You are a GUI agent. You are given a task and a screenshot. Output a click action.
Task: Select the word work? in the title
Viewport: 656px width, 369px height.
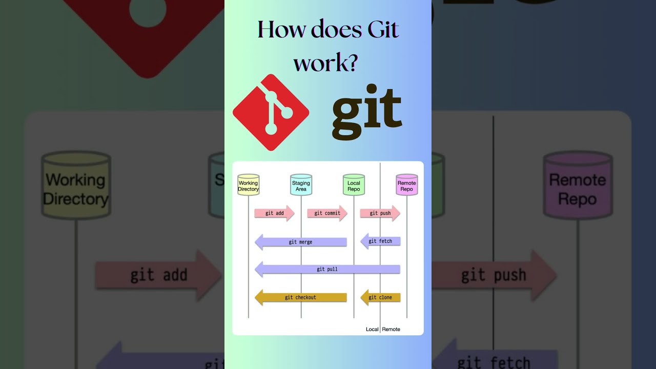pos(325,63)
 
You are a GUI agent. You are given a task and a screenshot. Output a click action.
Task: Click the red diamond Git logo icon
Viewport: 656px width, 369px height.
pos(271,113)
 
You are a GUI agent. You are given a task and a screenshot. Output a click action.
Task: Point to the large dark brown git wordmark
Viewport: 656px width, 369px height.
pos(366,114)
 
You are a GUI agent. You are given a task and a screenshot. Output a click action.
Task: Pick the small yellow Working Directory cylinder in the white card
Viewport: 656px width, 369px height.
pos(249,185)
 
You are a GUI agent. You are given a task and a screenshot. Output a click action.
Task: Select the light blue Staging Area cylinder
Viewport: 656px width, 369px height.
pos(301,185)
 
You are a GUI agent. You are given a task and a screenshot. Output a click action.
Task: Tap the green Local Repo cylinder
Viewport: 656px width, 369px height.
pos(354,185)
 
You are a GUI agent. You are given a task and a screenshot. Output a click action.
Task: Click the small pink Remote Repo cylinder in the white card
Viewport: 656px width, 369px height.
pos(407,185)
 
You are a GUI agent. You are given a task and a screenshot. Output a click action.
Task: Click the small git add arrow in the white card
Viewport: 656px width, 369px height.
pos(274,213)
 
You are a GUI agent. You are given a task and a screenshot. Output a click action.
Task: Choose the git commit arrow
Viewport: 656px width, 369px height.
pos(327,213)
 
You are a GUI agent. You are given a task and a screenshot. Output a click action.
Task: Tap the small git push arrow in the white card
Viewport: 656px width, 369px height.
pos(380,213)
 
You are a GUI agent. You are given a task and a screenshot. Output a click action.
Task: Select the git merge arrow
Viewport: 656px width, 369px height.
pos(301,242)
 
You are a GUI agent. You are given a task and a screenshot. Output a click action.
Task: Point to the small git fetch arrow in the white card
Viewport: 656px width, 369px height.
pos(380,241)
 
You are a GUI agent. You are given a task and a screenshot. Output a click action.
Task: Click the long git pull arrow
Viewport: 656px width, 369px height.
pos(327,269)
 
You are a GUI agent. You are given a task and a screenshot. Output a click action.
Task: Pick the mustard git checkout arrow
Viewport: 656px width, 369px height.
pos(301,297)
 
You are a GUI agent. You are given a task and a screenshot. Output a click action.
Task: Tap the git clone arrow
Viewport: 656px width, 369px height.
pos(380,297)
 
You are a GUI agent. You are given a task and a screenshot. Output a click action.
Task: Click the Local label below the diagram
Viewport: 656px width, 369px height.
pos(372,329)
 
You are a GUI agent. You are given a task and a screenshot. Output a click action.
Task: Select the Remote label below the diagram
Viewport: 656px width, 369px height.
pos(391,329)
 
